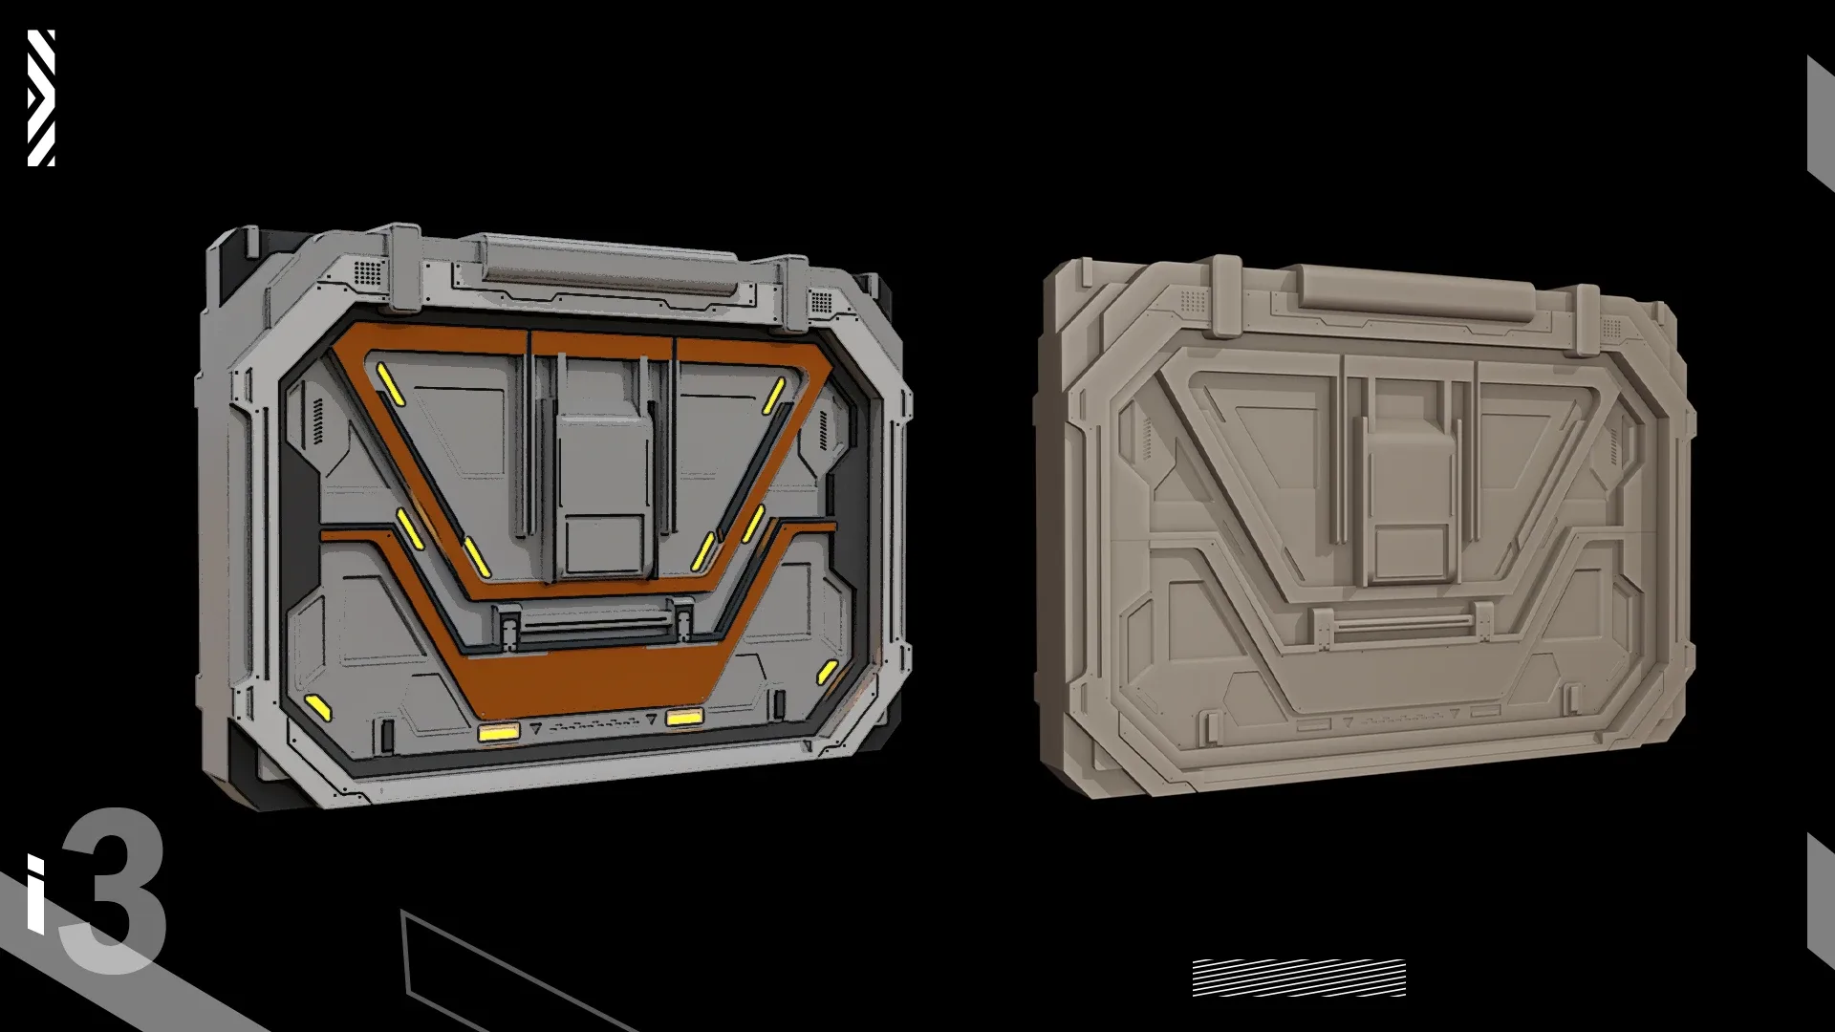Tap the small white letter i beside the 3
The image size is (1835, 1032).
click(x=35, y=893)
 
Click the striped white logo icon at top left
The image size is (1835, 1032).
click(x=41, y=97)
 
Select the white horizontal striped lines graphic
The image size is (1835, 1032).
click(x=1299, y=977)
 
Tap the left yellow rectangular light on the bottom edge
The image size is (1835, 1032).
click(x=498, y=733)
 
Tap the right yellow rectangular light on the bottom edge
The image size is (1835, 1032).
click(x=685, y=717)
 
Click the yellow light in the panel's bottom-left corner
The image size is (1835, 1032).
click(x=317, y=707)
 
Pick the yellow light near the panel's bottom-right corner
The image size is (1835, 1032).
click(x=828, y=671)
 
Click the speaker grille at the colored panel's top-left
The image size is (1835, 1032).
click(x=368, y=271)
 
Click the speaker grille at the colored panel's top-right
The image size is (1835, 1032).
click(x=821, y=303)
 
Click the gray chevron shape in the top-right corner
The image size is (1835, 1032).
click(x=1819, y=124)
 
